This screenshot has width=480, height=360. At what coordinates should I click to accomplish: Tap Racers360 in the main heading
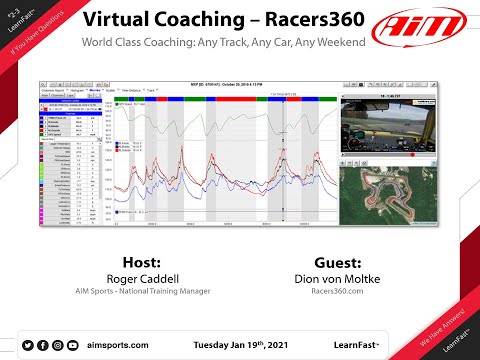click(x=306, y=21)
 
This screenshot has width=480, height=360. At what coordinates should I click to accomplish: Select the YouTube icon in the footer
click(x=71, y=344)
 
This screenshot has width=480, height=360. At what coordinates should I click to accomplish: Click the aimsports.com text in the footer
click(x=118, y=344)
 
